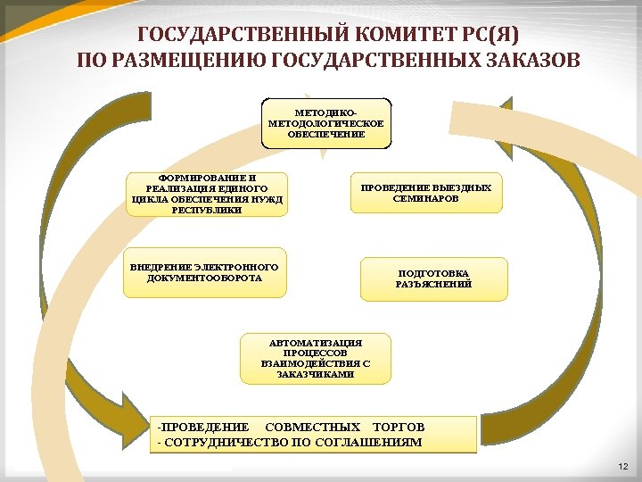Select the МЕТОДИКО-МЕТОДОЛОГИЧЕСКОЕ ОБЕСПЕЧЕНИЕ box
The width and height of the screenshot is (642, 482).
click(x=325, y=122)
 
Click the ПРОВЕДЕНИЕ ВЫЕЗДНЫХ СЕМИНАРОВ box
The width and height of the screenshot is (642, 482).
click(x=425, y=192)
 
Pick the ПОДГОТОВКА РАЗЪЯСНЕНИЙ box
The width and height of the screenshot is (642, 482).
click(x=433, y=278)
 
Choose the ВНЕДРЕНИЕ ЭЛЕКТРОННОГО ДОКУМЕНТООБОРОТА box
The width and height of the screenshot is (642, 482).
click(x=205, y=271)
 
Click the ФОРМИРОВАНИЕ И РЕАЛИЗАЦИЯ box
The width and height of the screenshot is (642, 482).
click(x=206, y=194)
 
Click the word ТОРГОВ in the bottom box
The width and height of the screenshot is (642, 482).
click(x=399, y=427)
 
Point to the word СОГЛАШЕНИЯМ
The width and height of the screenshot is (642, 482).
click(x=368, y=442)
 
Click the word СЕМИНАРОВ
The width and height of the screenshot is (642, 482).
click(x=425, y=198)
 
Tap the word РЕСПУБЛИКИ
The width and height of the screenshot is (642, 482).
click(x=206, y=210)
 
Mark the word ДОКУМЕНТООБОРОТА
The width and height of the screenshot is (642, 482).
click(x=205, y=278)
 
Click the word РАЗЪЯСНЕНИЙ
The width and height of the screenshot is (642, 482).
click(x=433, y=284)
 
